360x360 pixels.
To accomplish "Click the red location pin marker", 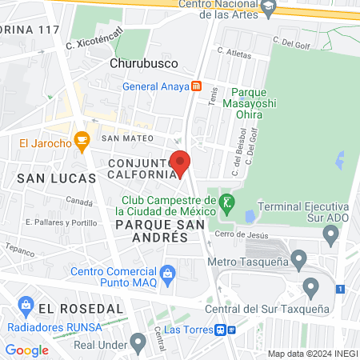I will click(x=181, y=163).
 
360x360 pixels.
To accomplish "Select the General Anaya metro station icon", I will click(x=196, y=86).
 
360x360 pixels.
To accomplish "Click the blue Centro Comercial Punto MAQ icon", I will click(x=167, y=273).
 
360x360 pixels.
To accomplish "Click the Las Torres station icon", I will click(x=224, y=329).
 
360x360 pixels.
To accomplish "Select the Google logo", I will click(x=26, y=350).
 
